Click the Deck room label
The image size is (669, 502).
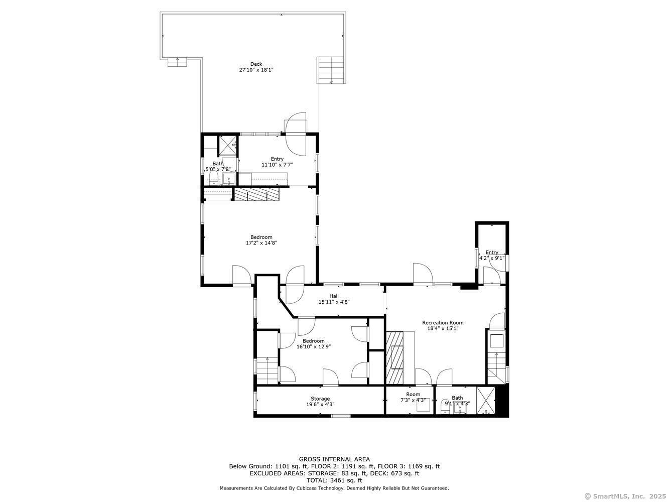256,64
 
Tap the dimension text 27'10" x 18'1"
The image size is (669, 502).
256,70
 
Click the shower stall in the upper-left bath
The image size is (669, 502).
227,146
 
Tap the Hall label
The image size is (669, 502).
334,296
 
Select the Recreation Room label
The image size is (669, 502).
443,323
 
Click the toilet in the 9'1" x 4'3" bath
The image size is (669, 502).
445,406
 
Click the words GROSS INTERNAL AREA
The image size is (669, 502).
334,459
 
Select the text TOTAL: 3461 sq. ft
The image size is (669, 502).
334,480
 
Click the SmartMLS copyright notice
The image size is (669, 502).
625,496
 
